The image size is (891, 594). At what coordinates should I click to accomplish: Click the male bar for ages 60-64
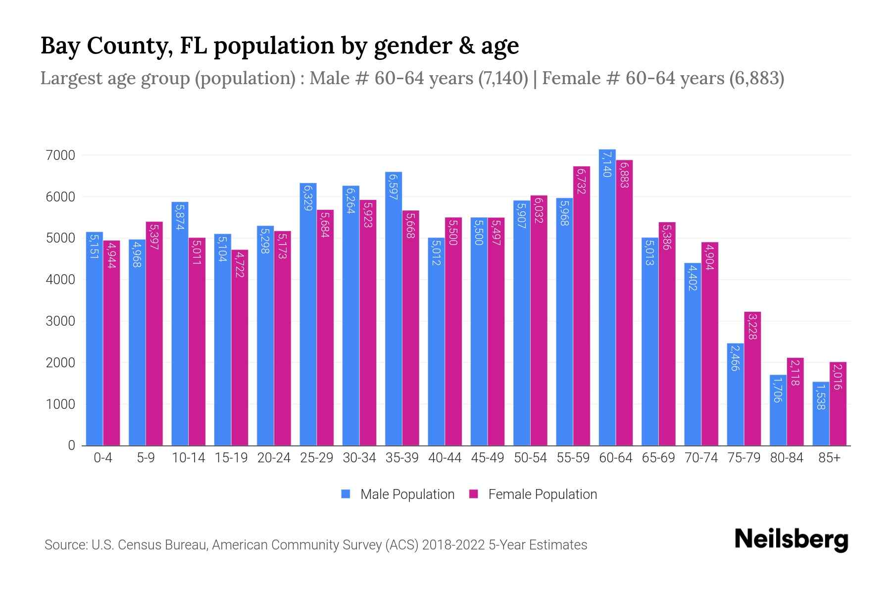pyautogui.click(x=607, y=297)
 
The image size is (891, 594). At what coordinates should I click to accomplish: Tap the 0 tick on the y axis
pyautogui.click(x=72, y=445)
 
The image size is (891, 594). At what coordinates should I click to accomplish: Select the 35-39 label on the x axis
pyautogui.click(x=402, y=458)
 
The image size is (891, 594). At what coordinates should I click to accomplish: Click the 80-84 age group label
pyautogui.click(x=787, y=458)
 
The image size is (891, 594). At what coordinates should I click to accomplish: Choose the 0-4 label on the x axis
pyautogui.click(x=103, y=458)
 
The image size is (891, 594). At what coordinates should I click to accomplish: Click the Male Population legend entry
pyautogui.click(x=407, y=495)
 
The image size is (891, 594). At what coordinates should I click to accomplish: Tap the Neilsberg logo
pyautogui.click(x=791, y=540)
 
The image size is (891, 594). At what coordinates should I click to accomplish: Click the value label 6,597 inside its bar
pyautogui.click(x=394, y=186)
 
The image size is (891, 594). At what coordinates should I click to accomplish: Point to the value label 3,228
pyautogui.click(x=752, y=326)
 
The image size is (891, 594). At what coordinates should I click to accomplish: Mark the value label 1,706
pyautogui.click(x=778, y=390)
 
